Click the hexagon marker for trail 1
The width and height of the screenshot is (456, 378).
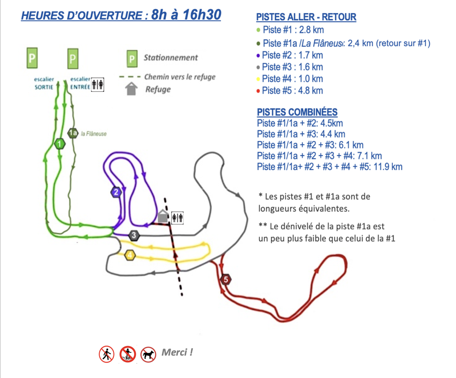(x=60, y=144)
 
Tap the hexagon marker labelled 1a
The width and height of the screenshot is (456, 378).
(x=73, y=133)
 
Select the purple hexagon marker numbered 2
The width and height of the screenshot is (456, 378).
(x=116, y=192)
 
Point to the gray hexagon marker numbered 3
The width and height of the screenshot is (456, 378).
(x=134, y=235)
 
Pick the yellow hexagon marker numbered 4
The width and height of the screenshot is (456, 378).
(x=130, y=255)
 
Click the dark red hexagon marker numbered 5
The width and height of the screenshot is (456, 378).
(x=226, y=279)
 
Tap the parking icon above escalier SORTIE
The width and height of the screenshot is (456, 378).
(x=32, y=58)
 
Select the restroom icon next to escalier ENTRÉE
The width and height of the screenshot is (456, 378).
(x=97, y=85)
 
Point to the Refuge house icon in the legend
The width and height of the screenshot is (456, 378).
(x=131, y=89)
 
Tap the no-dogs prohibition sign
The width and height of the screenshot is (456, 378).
(x=148, y=354)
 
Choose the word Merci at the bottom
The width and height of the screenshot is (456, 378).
(x=177, y=352)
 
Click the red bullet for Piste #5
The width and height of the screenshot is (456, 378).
(x=258, y=91)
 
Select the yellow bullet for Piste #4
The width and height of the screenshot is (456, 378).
(x=258, y=79)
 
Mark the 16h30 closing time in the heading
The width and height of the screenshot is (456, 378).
(x=202, y=14)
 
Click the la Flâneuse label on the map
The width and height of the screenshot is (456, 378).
(x=94, y=134)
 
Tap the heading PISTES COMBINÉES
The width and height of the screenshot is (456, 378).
(x=297, y=112)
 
